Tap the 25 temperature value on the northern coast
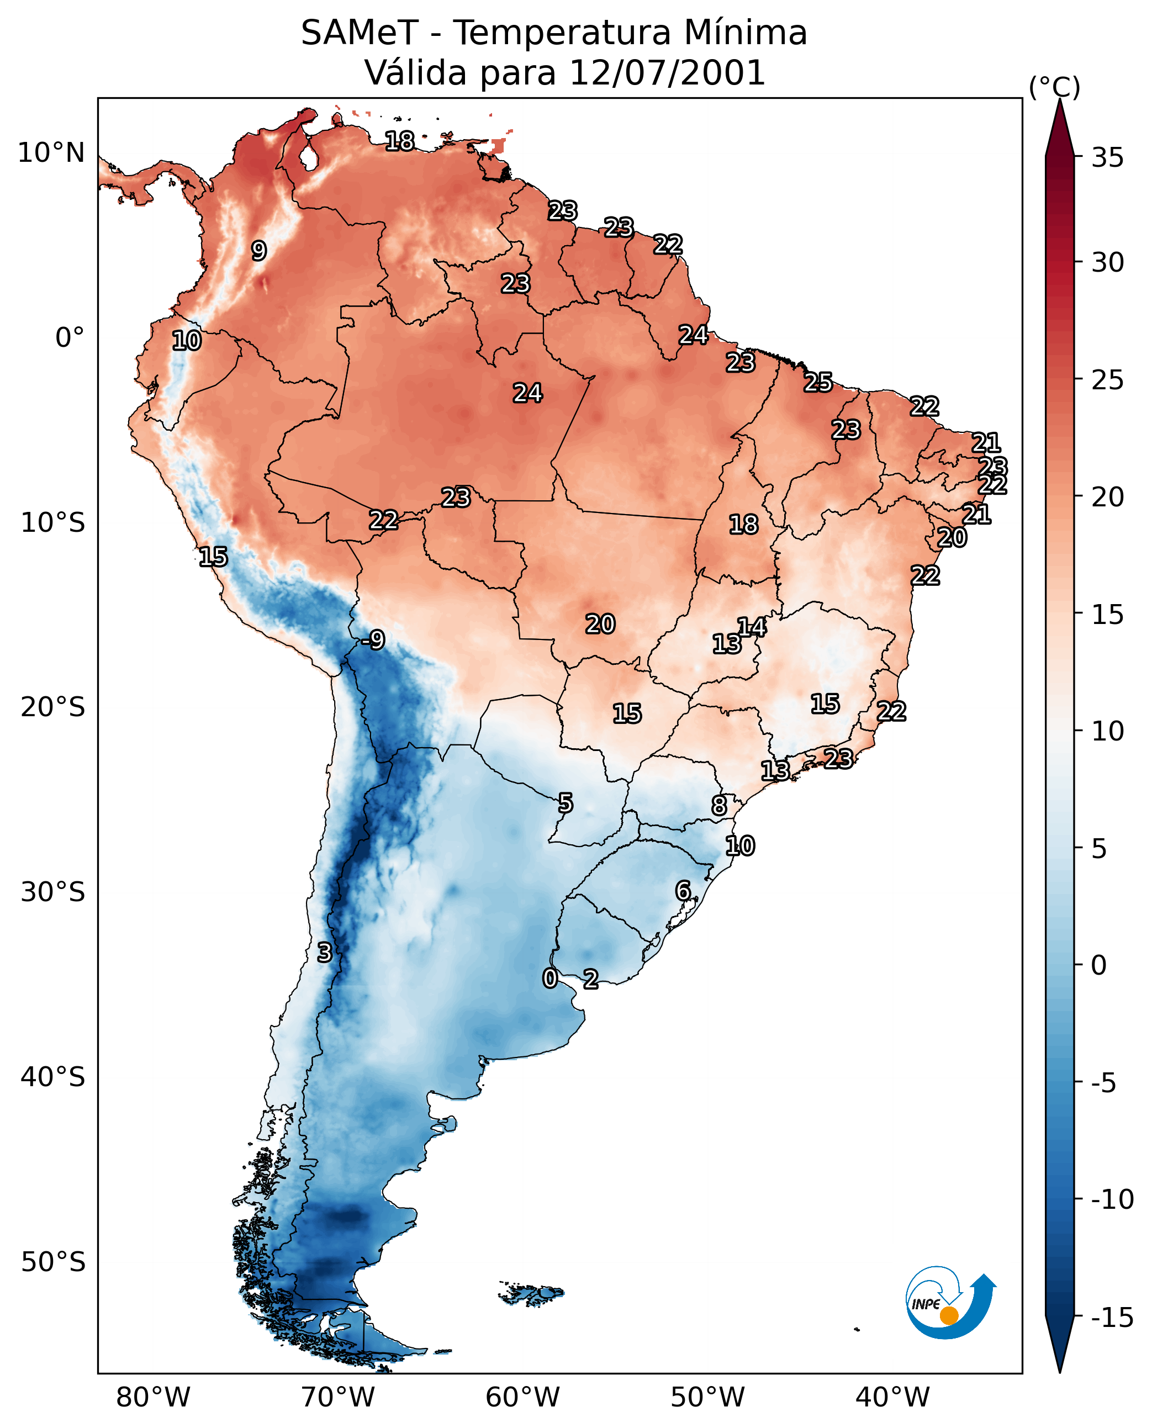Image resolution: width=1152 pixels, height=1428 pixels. point(818,382)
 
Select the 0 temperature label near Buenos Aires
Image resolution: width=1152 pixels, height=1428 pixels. point(549,978)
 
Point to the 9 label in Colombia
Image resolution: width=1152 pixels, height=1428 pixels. point(259,250)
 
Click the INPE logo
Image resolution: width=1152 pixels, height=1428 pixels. point(950,1304)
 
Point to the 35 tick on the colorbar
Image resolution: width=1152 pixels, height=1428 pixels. point(1107,158)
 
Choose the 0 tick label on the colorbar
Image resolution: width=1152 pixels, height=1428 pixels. point(1099,965)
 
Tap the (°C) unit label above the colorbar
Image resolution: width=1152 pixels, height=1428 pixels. point(1054,87)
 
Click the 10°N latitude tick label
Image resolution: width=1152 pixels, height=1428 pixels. point(51,152)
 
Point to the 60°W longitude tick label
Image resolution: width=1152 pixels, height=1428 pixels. point(523,1396)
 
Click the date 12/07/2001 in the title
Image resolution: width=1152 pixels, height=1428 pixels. point(668,72)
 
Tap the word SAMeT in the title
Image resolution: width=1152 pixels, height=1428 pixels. point(360,33)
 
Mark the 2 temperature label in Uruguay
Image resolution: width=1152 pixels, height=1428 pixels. point(590,979)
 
